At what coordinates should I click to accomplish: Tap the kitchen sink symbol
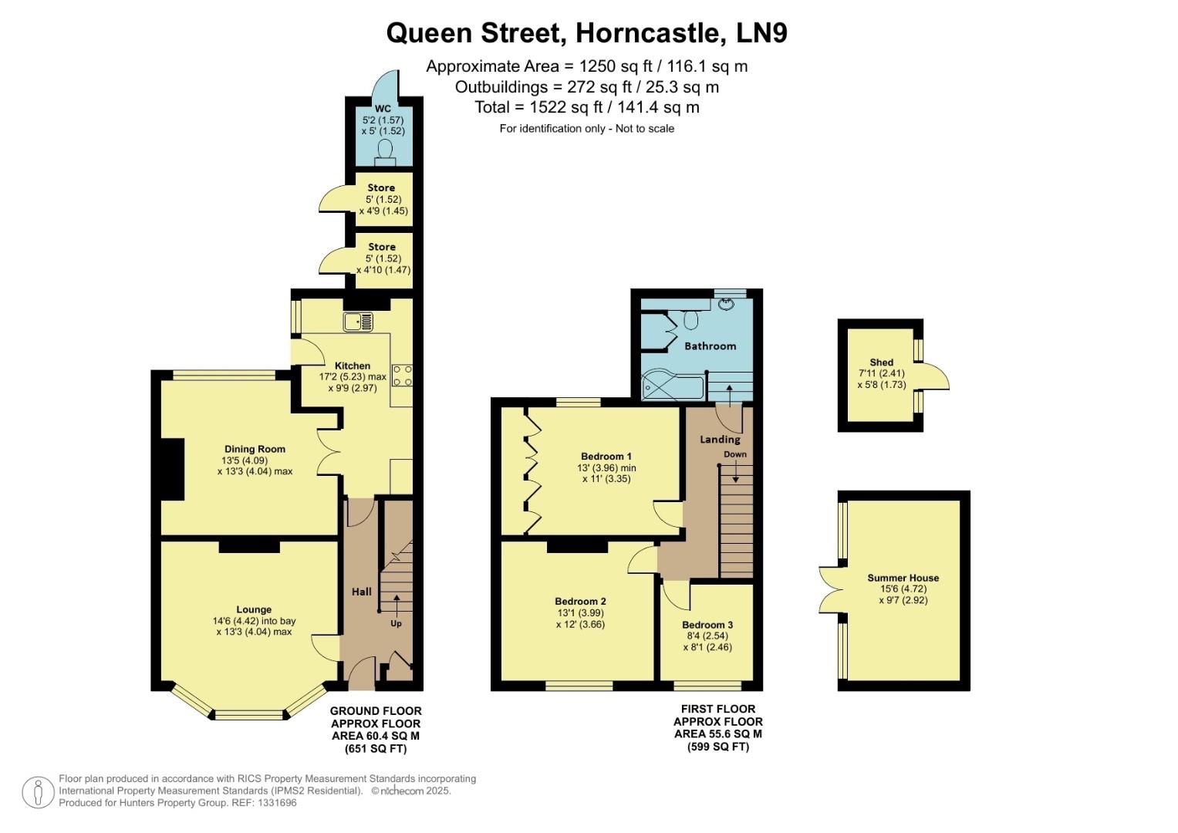[x=358, y=321]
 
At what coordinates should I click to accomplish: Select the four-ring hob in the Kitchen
[x=402, y=376]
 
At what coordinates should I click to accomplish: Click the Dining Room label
[x=255, y=449]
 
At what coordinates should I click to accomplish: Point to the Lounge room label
[x=254, y=609]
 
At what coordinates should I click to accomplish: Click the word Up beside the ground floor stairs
[x=396, y=623]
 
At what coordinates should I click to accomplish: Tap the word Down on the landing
[x=734, y=454]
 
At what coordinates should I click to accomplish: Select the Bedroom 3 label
[x=707, y=625]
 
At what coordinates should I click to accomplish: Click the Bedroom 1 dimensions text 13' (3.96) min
[x=606, y=467]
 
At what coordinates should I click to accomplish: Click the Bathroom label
[x=710, y=346]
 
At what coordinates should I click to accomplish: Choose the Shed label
[x=881, y=362]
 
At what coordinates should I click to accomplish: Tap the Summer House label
[x=903, y=578]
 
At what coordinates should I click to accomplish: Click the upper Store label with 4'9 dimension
[x=381, y=187]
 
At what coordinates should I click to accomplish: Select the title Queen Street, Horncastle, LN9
[x=586, y=33]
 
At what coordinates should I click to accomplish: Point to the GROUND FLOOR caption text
[x=376, y=711]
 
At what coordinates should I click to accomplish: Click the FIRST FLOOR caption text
[x=717, y=709]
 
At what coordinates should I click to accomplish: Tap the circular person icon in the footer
[x=37, y=792]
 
